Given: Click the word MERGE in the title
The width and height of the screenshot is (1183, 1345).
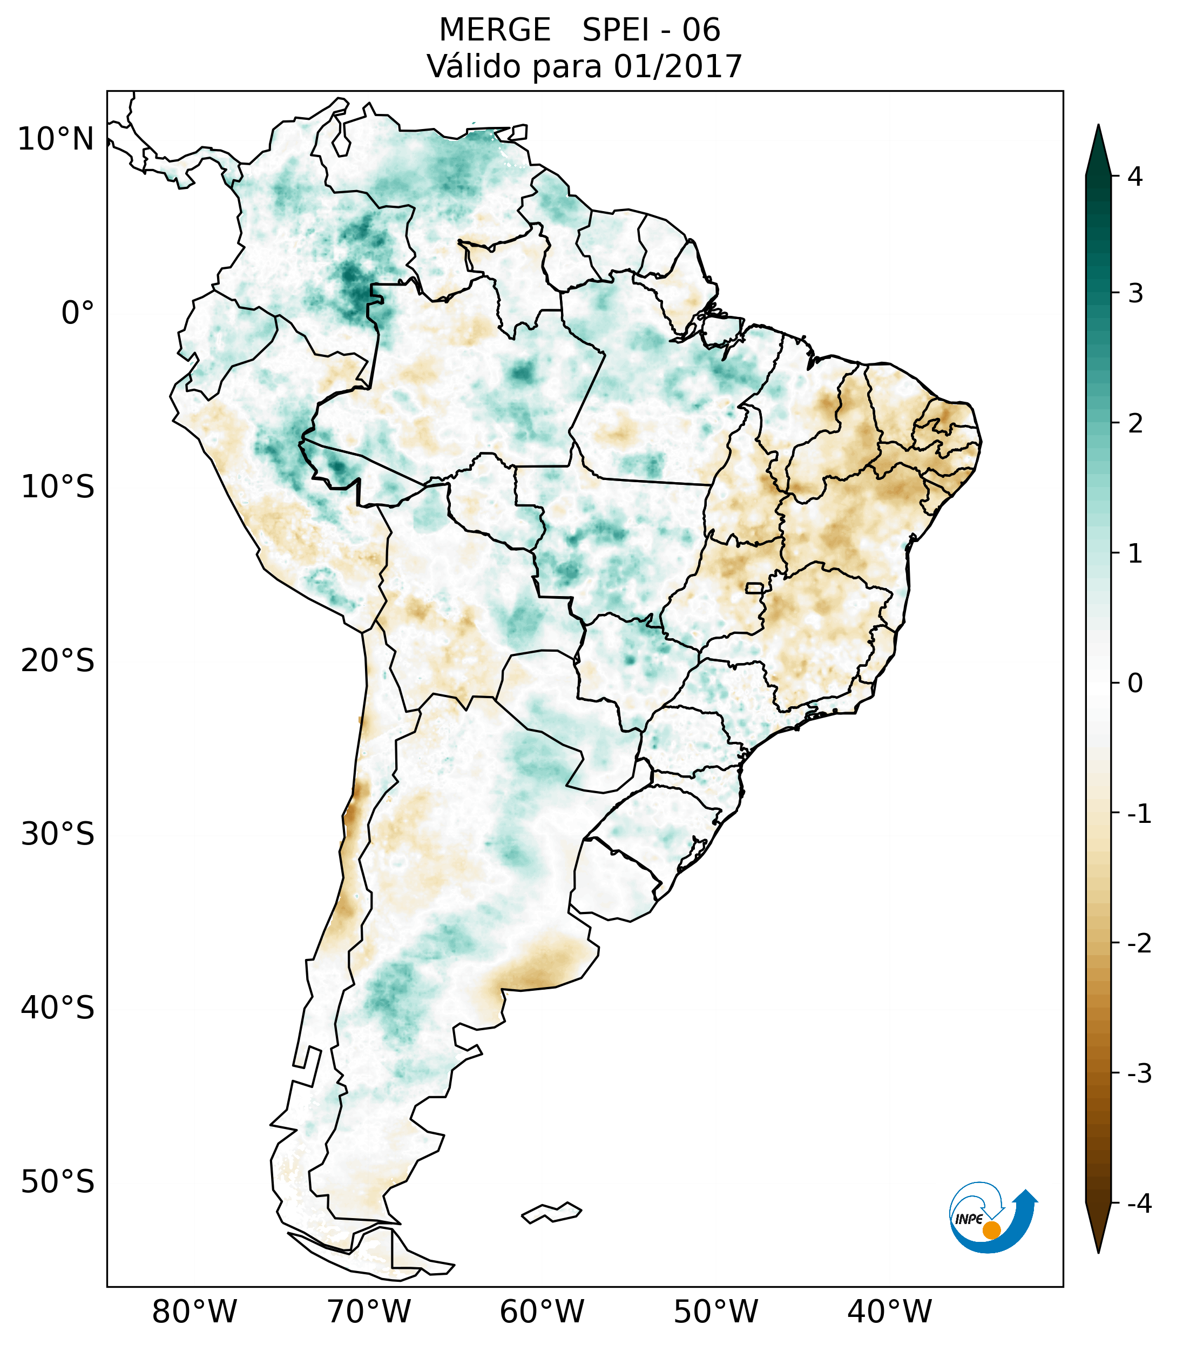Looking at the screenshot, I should pyautogui.click(x=495, y=30).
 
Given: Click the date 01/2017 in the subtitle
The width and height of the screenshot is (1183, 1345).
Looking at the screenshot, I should pyautogui.click(x=678, y=66).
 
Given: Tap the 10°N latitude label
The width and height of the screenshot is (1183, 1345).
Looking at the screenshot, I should pyautogui.click(x=56, y=139).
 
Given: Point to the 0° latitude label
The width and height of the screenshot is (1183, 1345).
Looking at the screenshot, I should pyautogui.click(x=78, y=313).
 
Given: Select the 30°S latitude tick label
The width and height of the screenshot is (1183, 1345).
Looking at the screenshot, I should pyautogui.click(x=58, y=834).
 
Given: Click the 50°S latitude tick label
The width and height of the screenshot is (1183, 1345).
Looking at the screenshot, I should pyautogui.click(x=58, y=1182).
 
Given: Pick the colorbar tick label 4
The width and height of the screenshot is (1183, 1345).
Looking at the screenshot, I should pyautogui.click(x=1135, y=177).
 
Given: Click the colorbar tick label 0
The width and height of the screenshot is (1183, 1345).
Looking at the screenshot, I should pyautogui.click(x=1135, y=684).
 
